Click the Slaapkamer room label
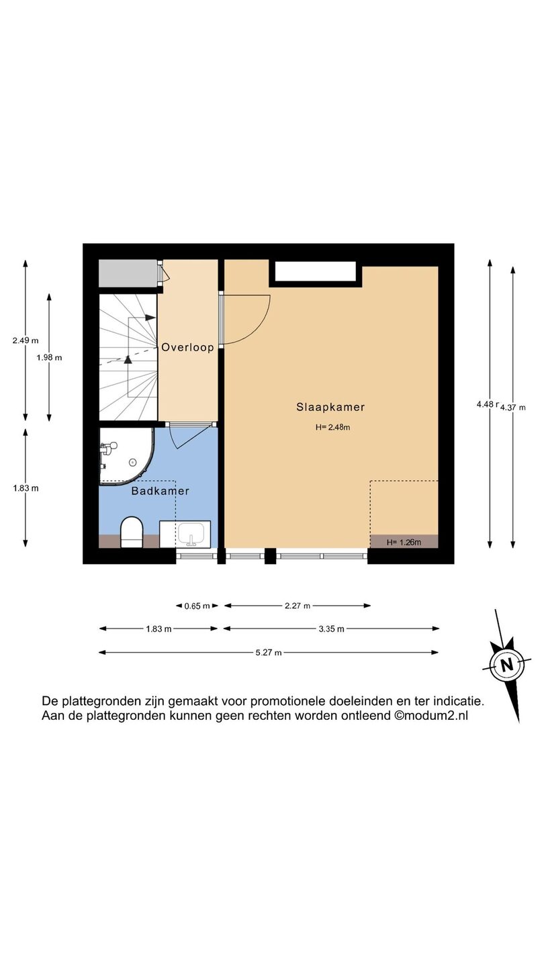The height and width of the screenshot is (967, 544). pos(330,407)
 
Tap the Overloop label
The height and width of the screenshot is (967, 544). pos(188,348)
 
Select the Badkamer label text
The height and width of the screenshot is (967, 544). pos(160,491)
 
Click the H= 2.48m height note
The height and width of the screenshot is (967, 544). pos(332,427)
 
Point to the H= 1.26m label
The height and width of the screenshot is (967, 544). pos(404,542)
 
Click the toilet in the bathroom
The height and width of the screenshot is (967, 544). pos(132,533)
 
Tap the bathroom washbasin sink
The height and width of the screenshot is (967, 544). pos(191,535)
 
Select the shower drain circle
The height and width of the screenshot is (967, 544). pos(132,462)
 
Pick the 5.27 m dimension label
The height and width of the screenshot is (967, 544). pos(269,652)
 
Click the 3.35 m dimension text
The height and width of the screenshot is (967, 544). pos(332,629)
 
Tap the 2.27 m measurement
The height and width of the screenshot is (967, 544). pos(298,606)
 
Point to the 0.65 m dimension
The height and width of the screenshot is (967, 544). pos(197,606)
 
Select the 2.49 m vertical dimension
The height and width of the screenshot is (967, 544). pos(26,340)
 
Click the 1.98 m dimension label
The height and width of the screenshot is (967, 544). pos(49,357)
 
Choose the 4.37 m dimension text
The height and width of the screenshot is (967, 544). pos(513,407)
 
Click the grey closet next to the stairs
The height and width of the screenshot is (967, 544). pos(128,273)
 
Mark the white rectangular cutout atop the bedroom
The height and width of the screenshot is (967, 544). pos(316,271)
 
